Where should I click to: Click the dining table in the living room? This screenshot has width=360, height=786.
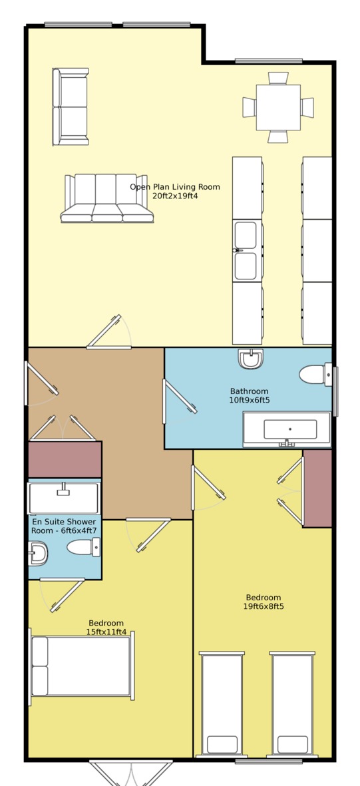[278, 107]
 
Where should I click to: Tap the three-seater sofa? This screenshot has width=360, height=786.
[106, 198]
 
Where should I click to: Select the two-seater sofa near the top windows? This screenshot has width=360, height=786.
[71, 106]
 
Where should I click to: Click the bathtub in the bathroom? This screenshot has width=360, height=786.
[287, 429]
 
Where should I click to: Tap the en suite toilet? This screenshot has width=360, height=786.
[83, 547]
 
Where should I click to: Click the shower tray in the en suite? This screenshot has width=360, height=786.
[64, 498]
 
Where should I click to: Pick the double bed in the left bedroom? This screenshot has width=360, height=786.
[82, 666]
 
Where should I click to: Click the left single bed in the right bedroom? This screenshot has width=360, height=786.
[222, 703]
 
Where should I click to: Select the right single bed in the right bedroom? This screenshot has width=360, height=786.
[292, 703]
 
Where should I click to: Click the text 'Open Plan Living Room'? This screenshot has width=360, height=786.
[175, 187]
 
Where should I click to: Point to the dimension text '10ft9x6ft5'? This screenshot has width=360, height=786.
[249, 400]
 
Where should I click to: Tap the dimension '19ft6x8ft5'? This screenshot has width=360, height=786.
[264, 606]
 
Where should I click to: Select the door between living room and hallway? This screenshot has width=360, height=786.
[109, 332]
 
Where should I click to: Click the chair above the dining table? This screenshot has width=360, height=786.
[278, 78]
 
